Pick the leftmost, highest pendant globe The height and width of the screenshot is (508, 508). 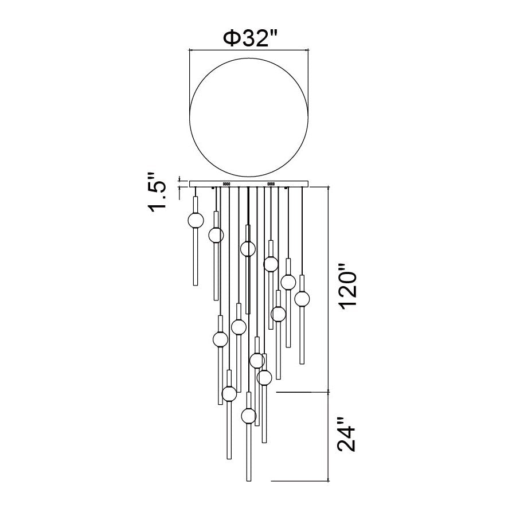point(196,221)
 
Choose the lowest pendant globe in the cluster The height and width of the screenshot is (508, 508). point(249,416)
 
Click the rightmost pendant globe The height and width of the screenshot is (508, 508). point(302,298)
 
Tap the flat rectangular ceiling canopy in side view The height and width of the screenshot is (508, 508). point(249,184)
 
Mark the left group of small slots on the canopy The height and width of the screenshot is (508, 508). point(226,184)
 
